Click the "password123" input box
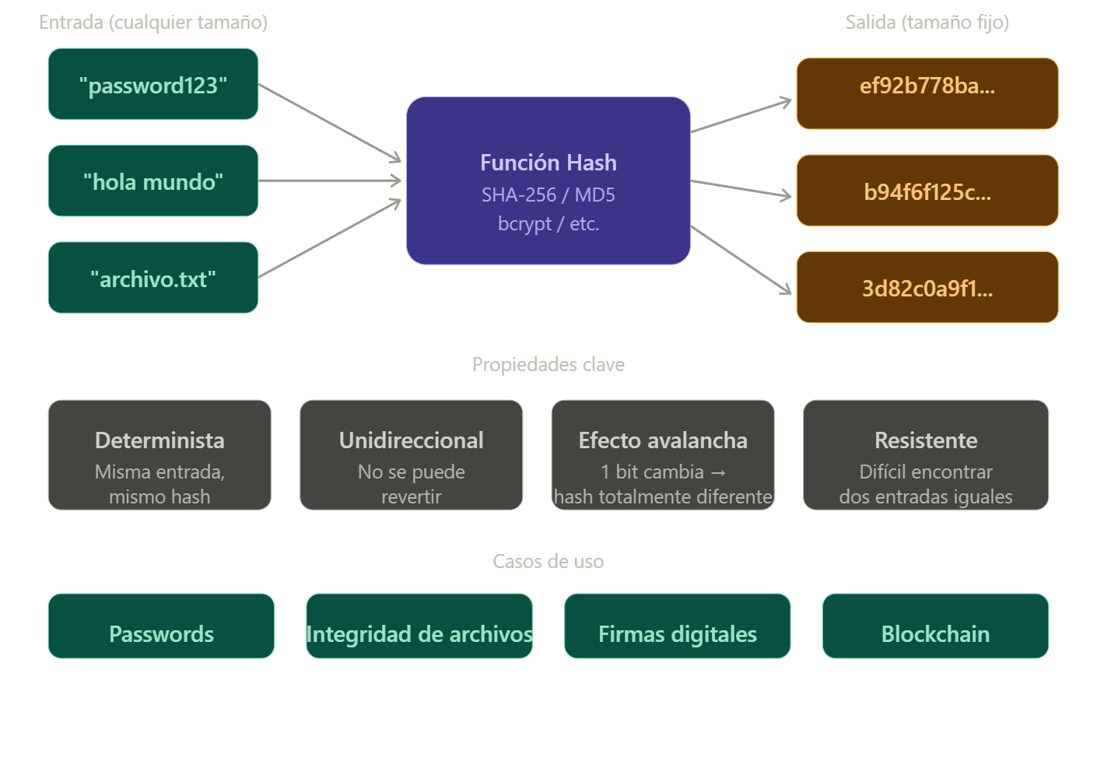153,84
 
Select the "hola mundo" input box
153,181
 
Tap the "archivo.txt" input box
153,278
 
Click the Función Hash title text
548,163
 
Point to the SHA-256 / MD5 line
548,195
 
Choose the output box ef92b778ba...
927,93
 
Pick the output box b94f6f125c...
927,191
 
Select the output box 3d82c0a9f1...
927,287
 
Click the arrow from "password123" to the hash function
330,123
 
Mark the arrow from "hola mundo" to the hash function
330,181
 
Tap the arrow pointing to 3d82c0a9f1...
741,261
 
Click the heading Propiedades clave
548,364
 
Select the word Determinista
159,440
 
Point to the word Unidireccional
411,440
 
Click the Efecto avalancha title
663,440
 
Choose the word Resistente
926,440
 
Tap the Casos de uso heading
548,561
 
